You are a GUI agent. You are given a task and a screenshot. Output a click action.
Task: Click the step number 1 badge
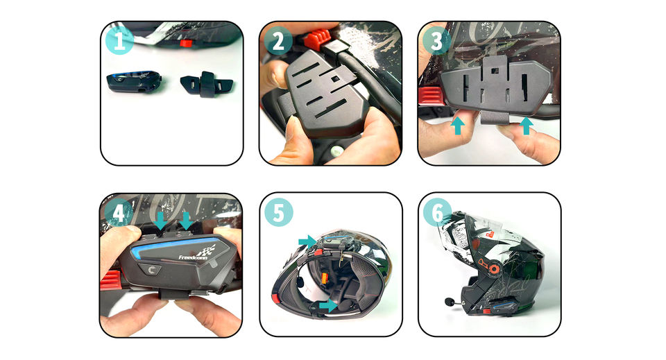(119, 40)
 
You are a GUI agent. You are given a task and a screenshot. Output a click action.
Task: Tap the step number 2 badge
(278, 41)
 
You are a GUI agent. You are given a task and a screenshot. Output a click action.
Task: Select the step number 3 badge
(436, 40)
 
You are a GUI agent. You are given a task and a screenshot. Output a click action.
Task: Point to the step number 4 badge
(119, 213)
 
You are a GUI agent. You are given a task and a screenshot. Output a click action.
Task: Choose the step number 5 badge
(279, 212)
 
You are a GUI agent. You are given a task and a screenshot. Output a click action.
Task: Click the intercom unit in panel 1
(134, 81)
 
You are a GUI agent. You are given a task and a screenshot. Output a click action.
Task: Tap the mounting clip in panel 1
(207, 84)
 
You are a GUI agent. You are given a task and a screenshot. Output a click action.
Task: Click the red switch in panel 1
(186, 43)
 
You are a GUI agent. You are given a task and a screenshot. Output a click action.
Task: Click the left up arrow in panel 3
(457, 126)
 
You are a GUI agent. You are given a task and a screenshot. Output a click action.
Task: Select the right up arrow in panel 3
(526, 126)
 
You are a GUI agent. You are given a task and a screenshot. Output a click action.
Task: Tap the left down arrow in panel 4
(160, 221)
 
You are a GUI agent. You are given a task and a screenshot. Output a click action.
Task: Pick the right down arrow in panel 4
(186, 221)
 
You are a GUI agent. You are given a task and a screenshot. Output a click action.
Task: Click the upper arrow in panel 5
(308, 241)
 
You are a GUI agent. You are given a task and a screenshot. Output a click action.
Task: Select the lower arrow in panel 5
(329, 305)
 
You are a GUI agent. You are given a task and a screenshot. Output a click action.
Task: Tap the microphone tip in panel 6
(449, 302)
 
